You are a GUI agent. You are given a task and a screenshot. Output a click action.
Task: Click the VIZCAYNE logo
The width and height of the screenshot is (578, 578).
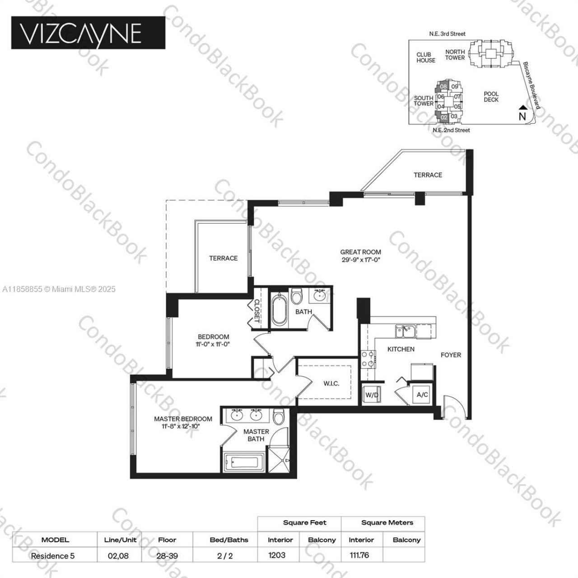[x=88, y=33]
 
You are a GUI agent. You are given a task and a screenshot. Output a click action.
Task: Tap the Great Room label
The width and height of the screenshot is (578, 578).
[x=360, y=256]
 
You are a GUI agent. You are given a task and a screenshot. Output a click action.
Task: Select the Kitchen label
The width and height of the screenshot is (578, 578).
[x=401, y=349]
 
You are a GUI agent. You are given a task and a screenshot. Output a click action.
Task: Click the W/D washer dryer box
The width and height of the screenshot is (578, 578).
[x=372, y=394]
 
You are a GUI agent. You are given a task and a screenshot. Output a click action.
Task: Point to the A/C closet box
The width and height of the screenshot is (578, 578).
[x=422, y=395]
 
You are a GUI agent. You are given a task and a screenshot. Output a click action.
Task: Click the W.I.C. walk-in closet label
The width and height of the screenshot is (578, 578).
[x=331, y=383]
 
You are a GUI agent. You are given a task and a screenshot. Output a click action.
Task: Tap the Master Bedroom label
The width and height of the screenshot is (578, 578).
[x=183, y=422]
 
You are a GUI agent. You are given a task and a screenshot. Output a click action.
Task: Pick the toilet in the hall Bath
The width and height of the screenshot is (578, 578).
[x=297, y=297]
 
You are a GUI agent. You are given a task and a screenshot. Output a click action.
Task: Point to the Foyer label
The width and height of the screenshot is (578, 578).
[x=451, y=355]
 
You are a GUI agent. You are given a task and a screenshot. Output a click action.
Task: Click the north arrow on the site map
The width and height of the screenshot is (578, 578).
[x=522, y=113]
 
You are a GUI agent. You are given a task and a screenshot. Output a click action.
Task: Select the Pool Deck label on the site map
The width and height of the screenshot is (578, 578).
[x=491, y=97]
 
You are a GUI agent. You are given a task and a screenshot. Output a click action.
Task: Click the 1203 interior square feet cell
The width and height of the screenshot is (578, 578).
[x=277, y=555]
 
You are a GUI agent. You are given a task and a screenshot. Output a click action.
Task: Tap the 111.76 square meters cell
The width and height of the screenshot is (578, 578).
[x=359, y=555]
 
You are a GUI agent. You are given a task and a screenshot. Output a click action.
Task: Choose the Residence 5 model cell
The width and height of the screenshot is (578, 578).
[x=52, y=556]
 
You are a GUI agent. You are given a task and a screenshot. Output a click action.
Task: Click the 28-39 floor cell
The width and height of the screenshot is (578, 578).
[x=167, y=556]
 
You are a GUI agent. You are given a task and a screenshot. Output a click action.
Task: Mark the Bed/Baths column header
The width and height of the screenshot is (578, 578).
[x=229, y=540]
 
